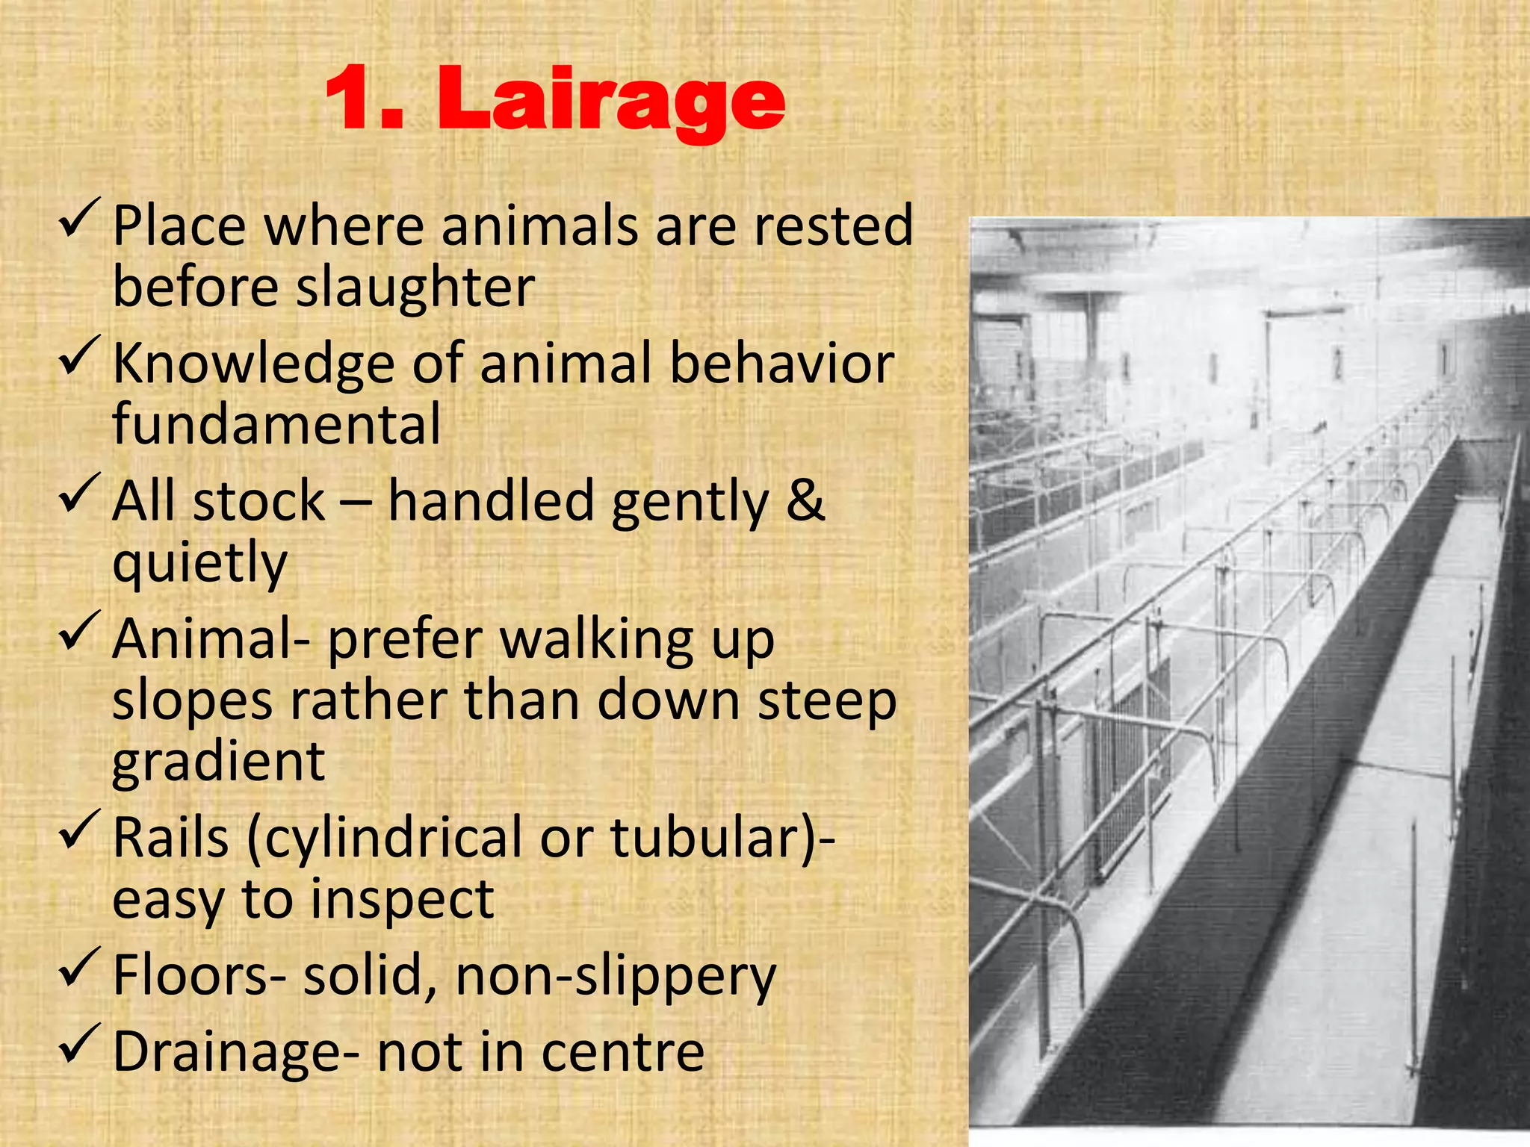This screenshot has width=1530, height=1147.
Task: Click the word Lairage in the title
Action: pyautogui.click(x=611, y=102)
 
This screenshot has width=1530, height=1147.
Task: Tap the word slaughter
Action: pyautogui.click(x=415, y=287)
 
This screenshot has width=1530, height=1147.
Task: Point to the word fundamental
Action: pyautogui.click(x=276, y=423)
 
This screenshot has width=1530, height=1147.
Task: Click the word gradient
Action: pyautogui.click(x=218, y=763)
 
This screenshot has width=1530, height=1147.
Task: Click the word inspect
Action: pyautogui.click(x=402, y=900)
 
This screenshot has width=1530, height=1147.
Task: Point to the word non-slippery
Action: pyautogui.click(x=616, y=977)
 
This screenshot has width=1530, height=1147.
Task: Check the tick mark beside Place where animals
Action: pyautogui.click(x=80, y=217)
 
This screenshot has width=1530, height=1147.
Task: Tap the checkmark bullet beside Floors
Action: pyautogui.click(x=80, y=966)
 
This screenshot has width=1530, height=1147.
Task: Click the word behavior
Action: pyautogui.click(x=781, y=364)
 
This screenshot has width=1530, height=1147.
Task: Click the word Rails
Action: pyautogui.click(x=170, y=838)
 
